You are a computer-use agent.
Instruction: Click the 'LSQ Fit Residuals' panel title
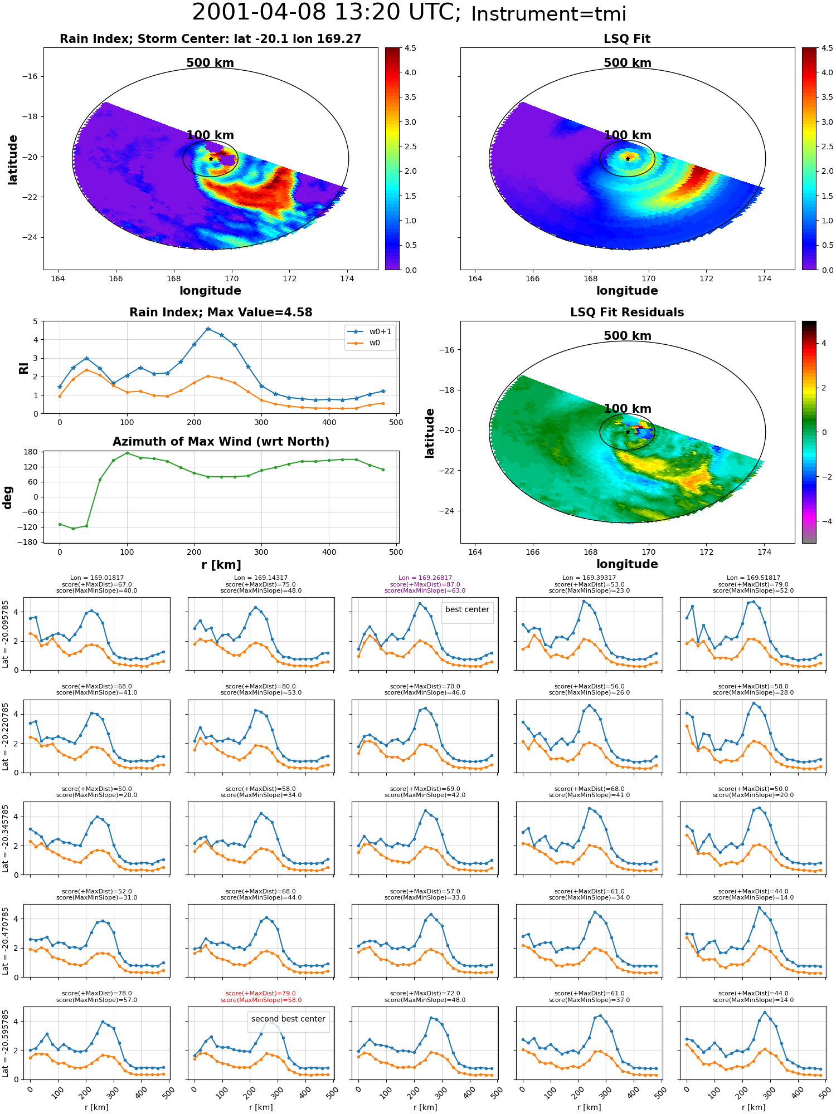click(x=627, y=312)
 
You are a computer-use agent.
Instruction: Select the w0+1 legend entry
click(x=370, y=331)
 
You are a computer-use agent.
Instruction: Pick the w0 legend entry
click(x=364, y=343)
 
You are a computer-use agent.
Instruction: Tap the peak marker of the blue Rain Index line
click(x=208, y=329)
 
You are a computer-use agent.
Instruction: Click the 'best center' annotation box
click(x=467, y=609)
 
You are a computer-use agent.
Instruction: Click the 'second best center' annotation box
click(x=288, y=1019)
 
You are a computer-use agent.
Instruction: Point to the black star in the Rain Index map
click(x=211, y=159)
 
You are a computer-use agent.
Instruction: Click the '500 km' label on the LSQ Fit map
click(x=628, y=63)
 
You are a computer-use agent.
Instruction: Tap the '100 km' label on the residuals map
click(x=628, y=409)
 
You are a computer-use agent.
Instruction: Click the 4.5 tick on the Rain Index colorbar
click(x=410, y=48)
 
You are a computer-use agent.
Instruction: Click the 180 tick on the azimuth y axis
click(x=31, y=452)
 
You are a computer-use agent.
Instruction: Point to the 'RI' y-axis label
click(x=23, y=368)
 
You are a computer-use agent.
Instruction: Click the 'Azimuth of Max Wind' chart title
click(x=221, y=442)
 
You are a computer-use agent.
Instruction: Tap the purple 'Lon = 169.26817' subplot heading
click(x=425, y=578)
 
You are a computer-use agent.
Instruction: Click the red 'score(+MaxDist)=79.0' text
click(x=261, y=994)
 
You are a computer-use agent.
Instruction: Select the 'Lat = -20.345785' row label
click(x=6, y=838)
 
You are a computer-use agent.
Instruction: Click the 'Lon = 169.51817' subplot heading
click(x=754, y=578)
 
